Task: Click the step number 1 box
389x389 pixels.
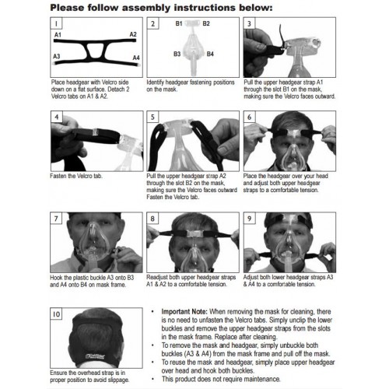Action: [x=56, y=23]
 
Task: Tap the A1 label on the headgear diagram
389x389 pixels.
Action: [x=58, y=35]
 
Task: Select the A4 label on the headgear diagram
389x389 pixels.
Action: [x=136, y=58]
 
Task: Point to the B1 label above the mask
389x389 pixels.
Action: [x=179, y=23]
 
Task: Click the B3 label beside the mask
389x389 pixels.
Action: [x=177, y=54]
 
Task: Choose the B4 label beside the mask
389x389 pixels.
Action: [x=210, y=54]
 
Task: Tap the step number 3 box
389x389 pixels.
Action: [x=249, y=23]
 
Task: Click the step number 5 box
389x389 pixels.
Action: [x=152, y=117]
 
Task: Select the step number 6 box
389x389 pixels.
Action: [x=249, y=117]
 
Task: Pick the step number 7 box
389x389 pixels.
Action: [x=56, y=219]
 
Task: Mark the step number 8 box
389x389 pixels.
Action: [x=152, y=219]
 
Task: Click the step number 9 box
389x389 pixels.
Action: [x=249, y=219]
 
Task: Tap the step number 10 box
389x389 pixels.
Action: [x=56, y=314]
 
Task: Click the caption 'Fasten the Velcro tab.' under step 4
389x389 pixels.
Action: [x=76, y=176]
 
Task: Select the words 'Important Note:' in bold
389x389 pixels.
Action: [x=184, y=311]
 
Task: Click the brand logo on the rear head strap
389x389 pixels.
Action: [x=95, y=356]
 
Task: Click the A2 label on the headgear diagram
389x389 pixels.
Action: [x=133, y=34]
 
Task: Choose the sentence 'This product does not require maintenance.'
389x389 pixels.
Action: [x=221, y=379]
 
